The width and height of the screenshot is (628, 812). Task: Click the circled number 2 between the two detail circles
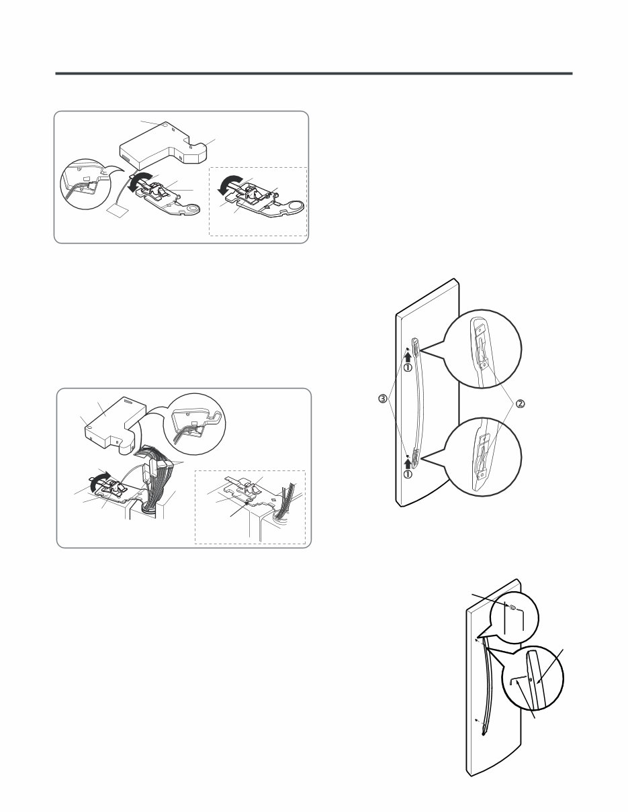coord(521,403)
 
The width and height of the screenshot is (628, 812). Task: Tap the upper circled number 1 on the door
coord(408,367)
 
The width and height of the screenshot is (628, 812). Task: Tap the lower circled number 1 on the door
coord(408,474)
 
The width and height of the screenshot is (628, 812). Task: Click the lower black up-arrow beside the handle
coord(408,461)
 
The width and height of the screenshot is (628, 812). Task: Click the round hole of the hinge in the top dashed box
coord(293,207)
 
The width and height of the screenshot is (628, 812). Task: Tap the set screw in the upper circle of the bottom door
coord(512,608)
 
